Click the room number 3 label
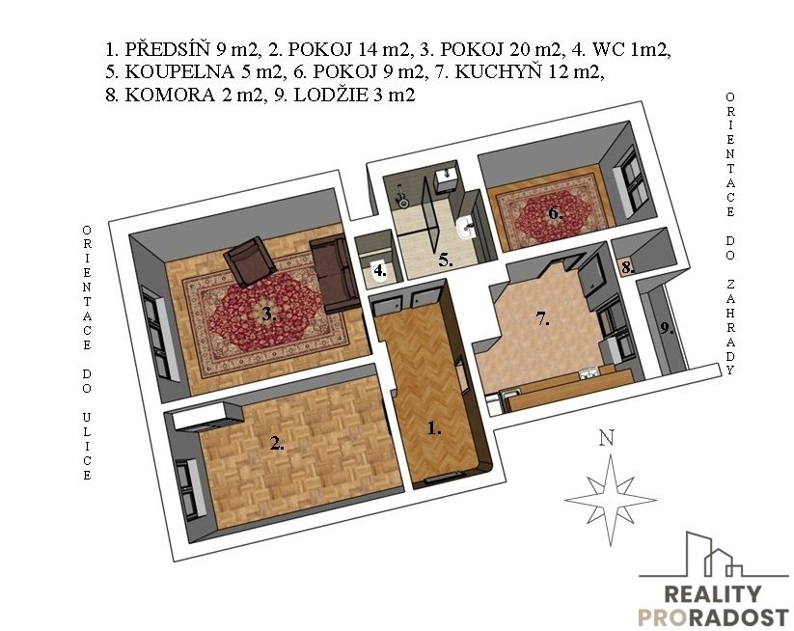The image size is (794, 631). point(269,315)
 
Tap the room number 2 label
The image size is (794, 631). point(277,444)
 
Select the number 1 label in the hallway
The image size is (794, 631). point(434,428)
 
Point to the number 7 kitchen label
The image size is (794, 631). point(543,319)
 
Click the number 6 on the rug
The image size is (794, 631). point(556,213)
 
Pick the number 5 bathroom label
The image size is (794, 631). point(446,261)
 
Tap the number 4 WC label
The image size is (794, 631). point(380,271)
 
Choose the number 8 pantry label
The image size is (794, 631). point(627,266)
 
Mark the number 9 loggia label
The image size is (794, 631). point(667,329)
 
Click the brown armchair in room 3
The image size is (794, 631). point(250,261)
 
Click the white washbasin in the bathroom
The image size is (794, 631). point(465,228)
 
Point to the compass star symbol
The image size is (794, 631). point(610,500)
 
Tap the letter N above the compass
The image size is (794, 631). point(606,437)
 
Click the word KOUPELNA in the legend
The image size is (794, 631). point(179,72)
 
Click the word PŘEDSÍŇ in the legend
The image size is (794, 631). point(168,48)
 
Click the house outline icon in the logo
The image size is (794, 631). point(714,555)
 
